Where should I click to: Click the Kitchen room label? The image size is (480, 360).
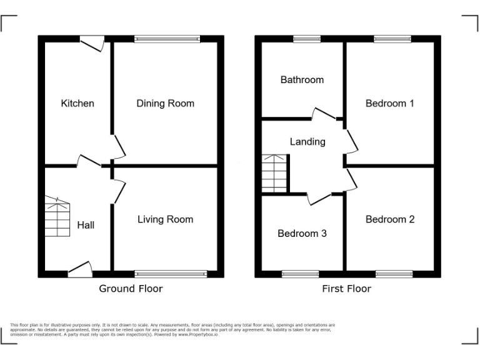pyautogui.click(x=77, y=103)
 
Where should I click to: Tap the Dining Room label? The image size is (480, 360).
pyautogui.click(x=165, y=103)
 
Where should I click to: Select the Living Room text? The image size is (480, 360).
pyautogui.click(x=165, y=219)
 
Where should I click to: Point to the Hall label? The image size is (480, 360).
pyautogui.click(x=86, y=224)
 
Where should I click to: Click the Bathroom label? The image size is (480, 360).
pyautogui.click(x=302, y=79)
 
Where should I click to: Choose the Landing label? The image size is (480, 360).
pyautogui.click(x=307, y=142)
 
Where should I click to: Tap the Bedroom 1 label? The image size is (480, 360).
pyautogui.click(x=390, y=103)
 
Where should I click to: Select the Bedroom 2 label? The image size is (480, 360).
pyautogui.click(x=390, y=219)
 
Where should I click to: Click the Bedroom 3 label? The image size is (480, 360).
pyautogui.click(x=302, y=233)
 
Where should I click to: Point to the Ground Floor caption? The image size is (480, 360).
pyautogui.click(x=131, y=289)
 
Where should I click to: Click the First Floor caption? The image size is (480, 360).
pyautogui.click(x=346, y=289)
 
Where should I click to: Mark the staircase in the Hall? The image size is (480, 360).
pyautogui.click(x=57, y=217)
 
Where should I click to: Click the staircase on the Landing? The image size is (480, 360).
pyautogui.click(x=274, y=173)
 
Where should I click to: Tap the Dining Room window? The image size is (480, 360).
pyautogui.click(x=167, y=39)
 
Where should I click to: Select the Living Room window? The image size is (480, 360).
pyautogui.click(x=171, y=274)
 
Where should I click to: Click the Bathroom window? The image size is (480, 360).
pyautogui.click(x=307, y=39)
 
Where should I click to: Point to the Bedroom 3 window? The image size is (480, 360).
pyautogui.click(x=300, y=274)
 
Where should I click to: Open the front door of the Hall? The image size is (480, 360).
pyautogui.click(x=80, y=271)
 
